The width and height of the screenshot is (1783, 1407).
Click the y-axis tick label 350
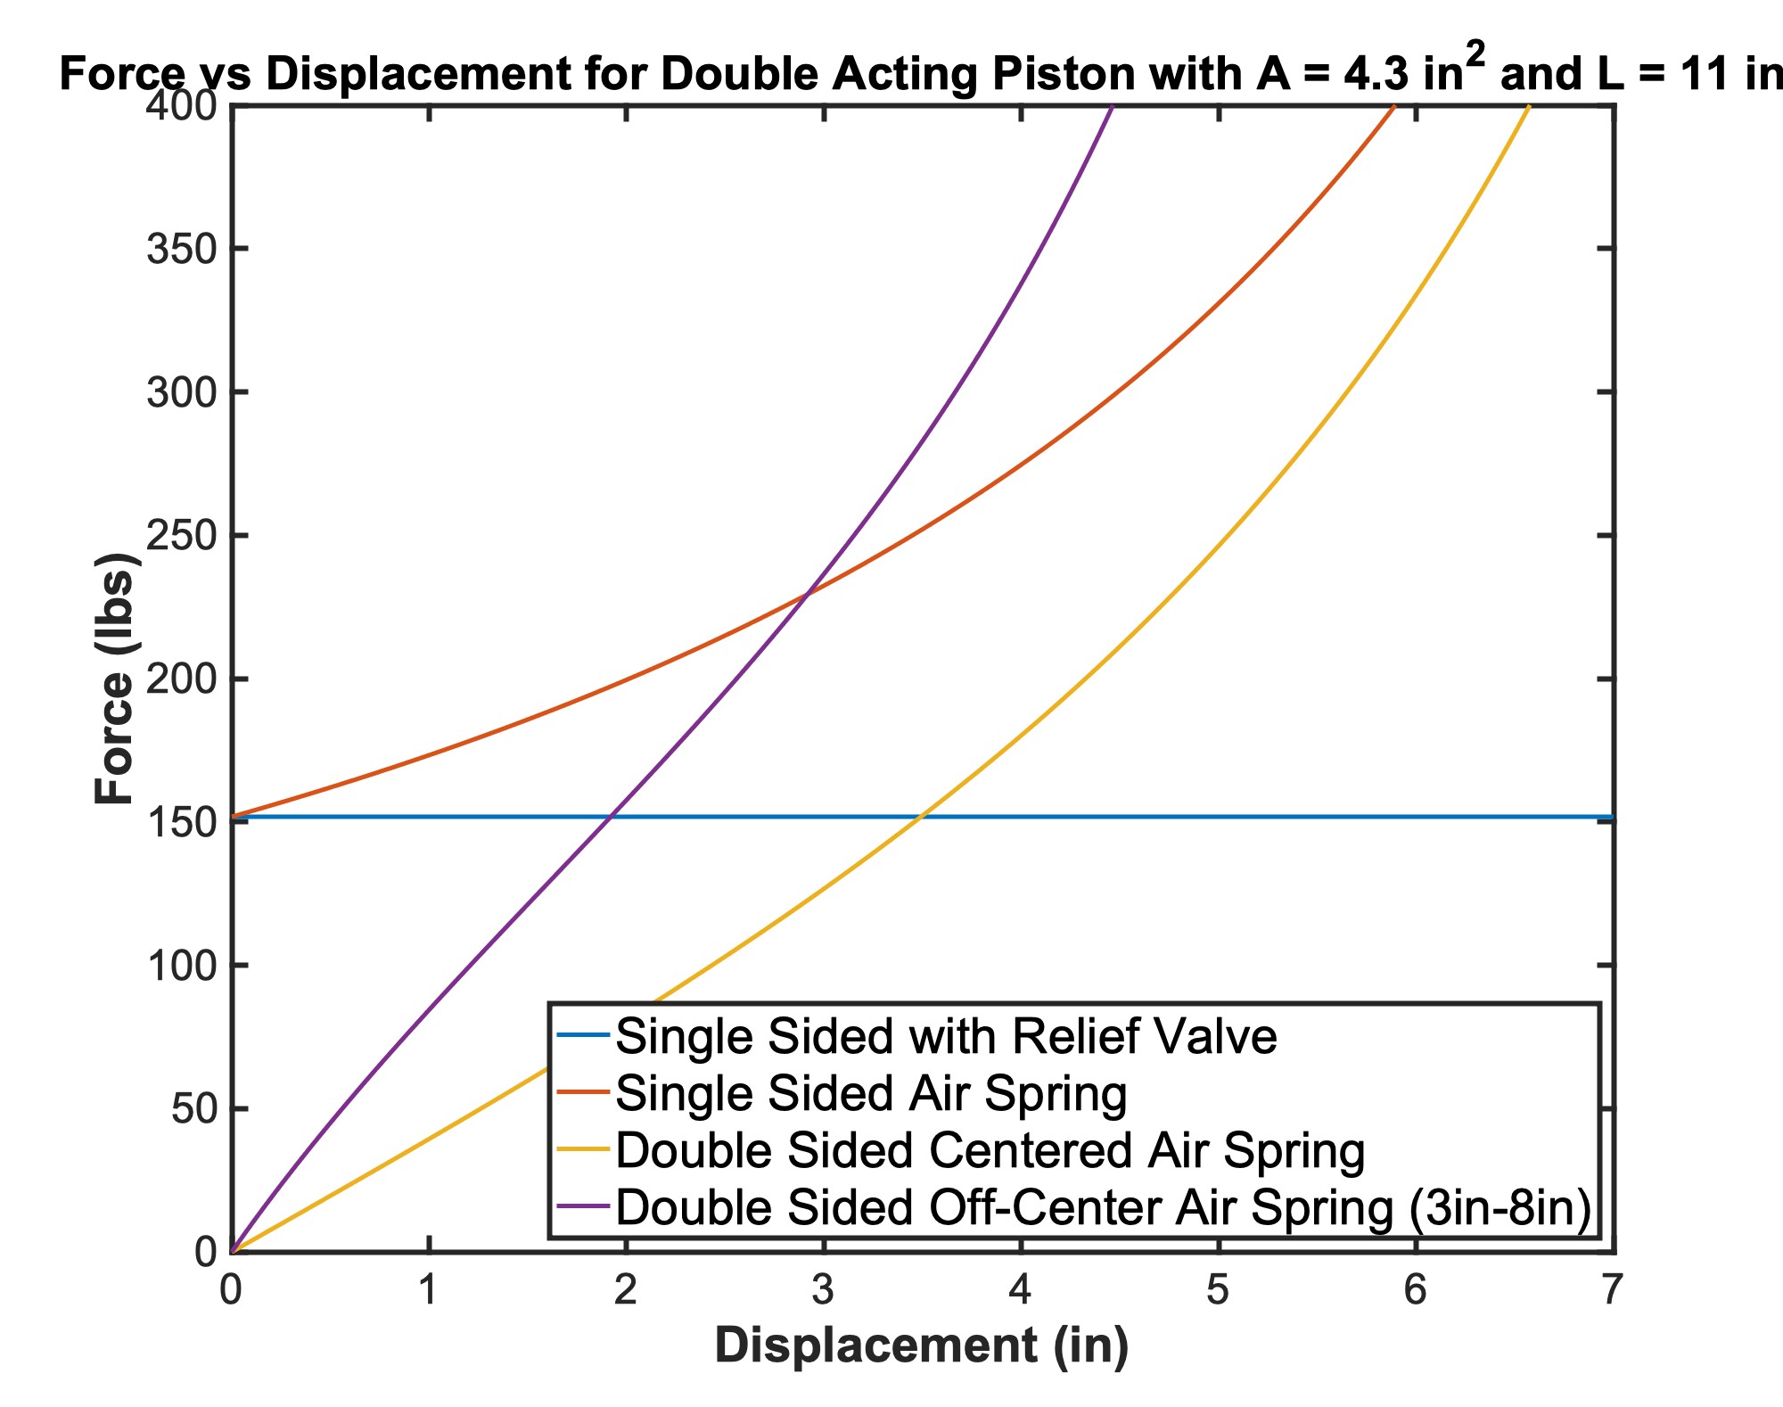[182, 249]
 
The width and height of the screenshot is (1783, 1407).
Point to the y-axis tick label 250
[182, 536]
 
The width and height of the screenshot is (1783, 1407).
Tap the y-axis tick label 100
[182, 966]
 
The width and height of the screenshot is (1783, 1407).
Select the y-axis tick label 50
[193, 1109]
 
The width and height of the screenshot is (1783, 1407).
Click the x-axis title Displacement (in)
[922, 1345]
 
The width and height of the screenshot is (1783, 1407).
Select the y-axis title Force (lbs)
[116, 679]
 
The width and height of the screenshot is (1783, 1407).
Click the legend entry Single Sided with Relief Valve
[946, 1036]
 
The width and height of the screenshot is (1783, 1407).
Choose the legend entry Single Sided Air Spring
[871, 1093]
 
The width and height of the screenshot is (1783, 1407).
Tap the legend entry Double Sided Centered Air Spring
[990, 1151]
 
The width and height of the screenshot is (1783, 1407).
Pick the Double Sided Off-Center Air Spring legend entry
[1103, 1208]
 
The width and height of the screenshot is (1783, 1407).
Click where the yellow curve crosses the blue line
[920, 817]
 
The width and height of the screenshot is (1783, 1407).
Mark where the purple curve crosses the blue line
[610, 817]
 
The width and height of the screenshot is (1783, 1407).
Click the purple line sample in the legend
[583, 1208]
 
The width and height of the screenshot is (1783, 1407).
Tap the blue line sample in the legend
[583, 1036]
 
